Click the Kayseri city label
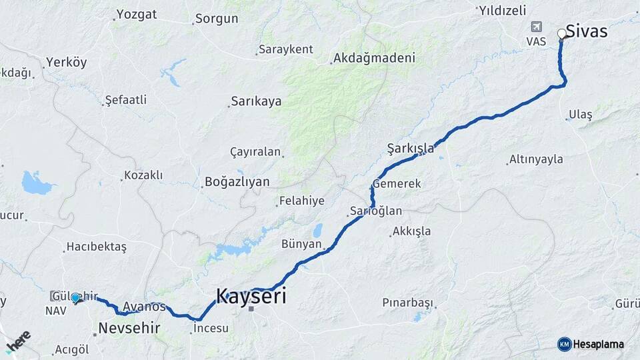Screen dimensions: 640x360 pyautogui.click(x=251, y=296)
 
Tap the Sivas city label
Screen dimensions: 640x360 pyautogui.click(x=587, y=31)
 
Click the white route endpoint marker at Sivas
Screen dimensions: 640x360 pyautogui.click(x=562, y=33)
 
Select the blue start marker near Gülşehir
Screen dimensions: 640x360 pyautogui.click(x=76, y=298)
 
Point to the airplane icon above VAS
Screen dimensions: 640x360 pyautogui.click(x=535, y=27)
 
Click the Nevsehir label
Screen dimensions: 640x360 pyautogui.click(x=129, y=327)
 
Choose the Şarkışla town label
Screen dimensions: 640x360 pyautogui.click(x=410, y=148)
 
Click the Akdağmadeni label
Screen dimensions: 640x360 pyautogui.click(x=375, y=58)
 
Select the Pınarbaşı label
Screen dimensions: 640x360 pyautogui.click(x=407, y=302)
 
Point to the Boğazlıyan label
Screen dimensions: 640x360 pyautogui.click(x=237, y=181)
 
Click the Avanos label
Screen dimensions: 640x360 pyautogui.click(x=144, y=307)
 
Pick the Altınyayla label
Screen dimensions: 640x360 pyautogui.click(x=536, y=159)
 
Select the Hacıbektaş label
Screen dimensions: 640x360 pyautogui.click(x=96, y=247)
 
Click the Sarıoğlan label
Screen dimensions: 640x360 pyautogui.click(x=376, y=211)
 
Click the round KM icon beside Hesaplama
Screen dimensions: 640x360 pyautogui.click(x=564, y=344)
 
